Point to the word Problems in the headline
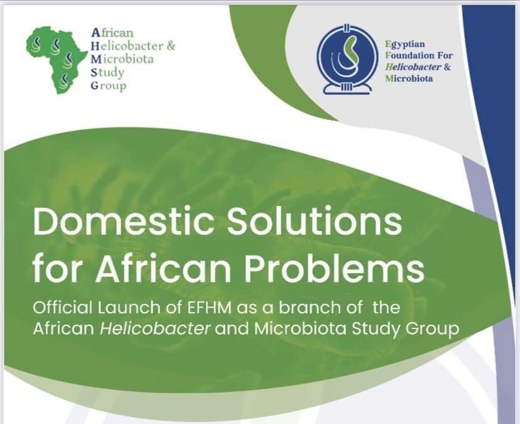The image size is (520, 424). [x=334, y=269]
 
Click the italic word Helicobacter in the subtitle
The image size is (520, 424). [x=155, y=329]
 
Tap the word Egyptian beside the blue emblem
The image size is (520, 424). [x=405, y=45]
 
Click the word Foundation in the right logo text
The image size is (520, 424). [x=409, y=55]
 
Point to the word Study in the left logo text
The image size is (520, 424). [x=107, y=73]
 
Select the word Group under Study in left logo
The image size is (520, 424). [x=109, y=85]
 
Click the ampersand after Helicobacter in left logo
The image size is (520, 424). [x=171, y=46]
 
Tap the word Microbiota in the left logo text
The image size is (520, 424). [x=122, y=59]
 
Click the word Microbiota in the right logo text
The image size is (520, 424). [x=409, y=79]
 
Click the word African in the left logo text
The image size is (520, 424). [x=112, y=33]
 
